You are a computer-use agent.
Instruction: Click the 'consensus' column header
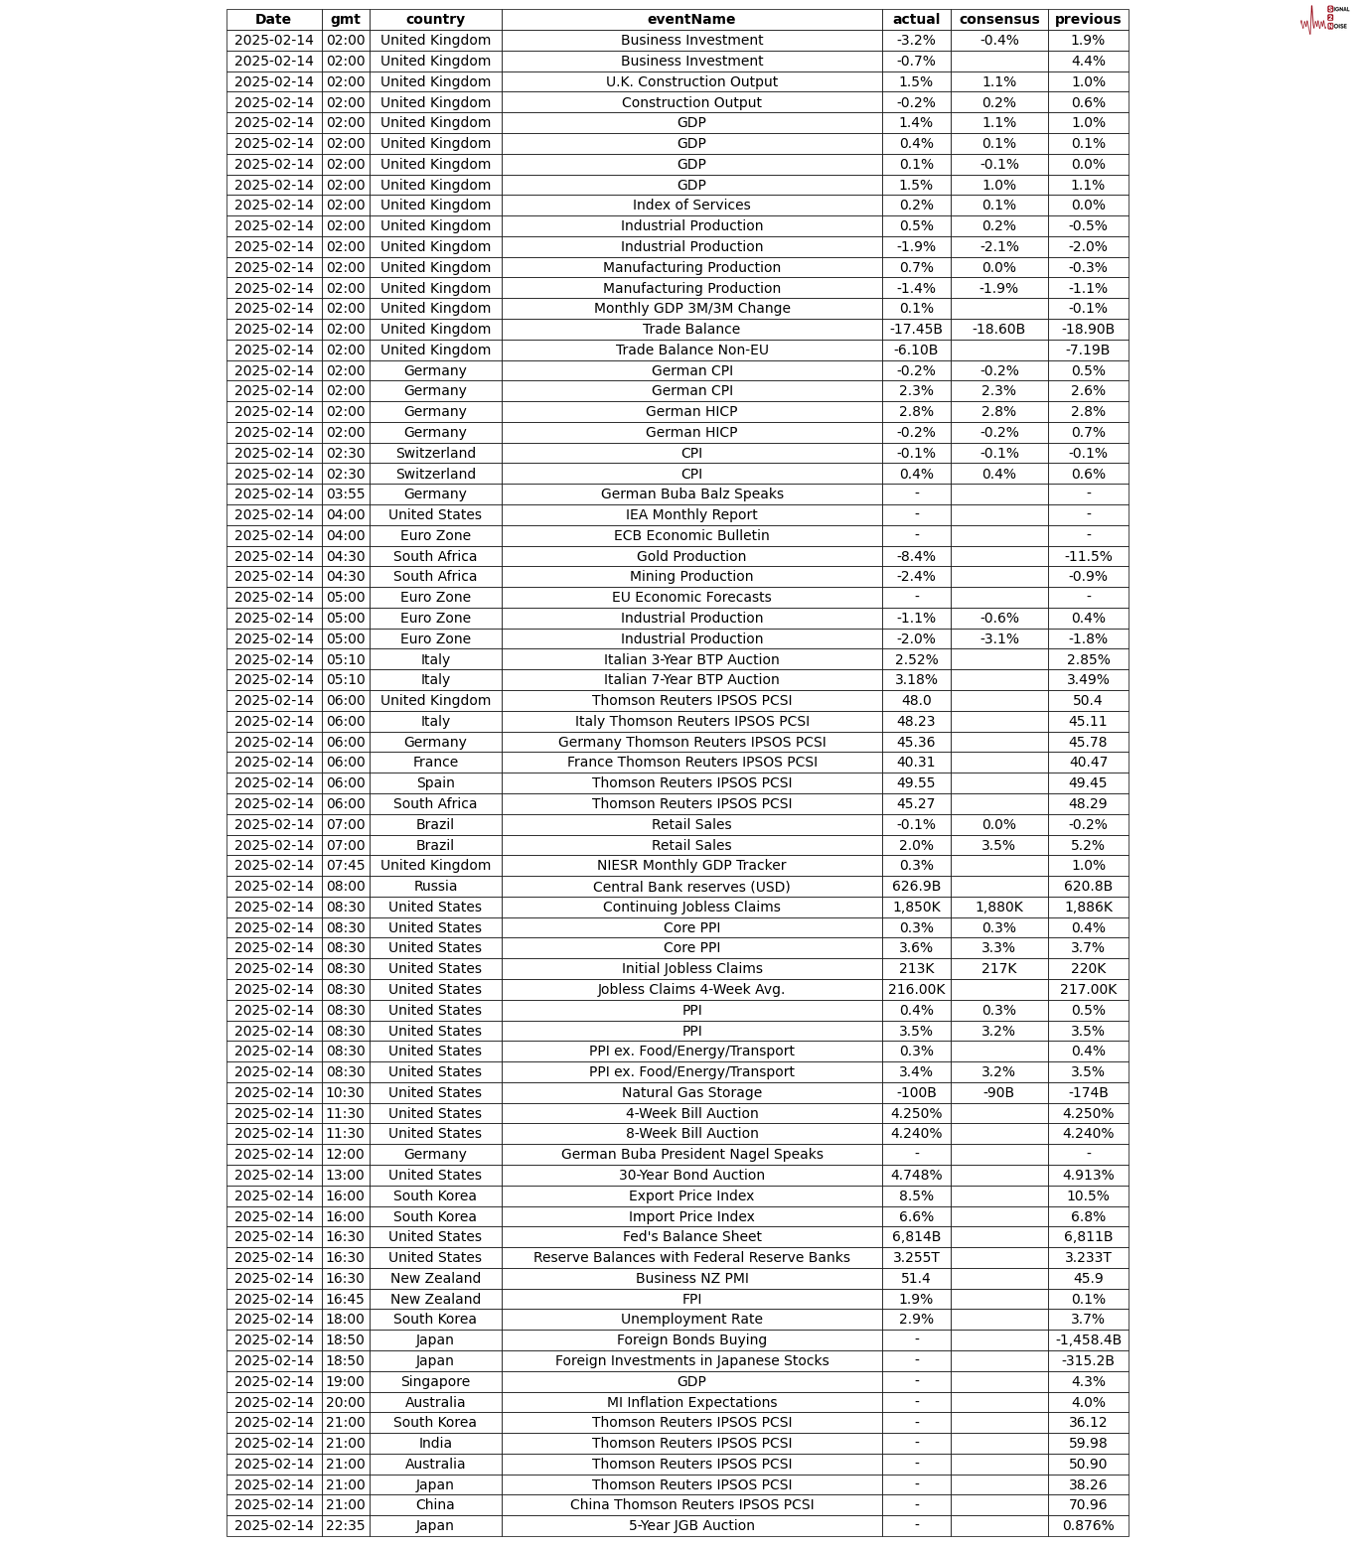(x=998, y=19)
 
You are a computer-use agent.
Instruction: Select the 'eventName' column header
(x=691, y=19)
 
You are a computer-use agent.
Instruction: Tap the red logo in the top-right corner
(x=1323, y=19)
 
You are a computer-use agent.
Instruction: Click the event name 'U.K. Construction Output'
(x=691, y=81)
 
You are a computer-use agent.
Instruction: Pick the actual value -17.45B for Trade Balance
(x=916, y=329)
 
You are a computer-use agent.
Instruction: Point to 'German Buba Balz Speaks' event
(x=691, y=493)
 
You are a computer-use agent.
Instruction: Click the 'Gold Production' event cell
(x=691, y=556)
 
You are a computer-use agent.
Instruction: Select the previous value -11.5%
(x=1088, y=556)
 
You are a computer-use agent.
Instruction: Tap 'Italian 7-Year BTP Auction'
(x=691, y=679)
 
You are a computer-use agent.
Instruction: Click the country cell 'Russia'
(x=435, y=886)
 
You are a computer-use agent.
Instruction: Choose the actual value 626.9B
(x=916, y=886)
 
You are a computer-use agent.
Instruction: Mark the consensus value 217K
(x=998, y=968)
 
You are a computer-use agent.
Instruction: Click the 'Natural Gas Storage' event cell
(x=691, y=1092)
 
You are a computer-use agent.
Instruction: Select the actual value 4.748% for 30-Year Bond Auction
(x=916, y=1175)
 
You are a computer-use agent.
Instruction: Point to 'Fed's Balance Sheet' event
(x=691, y=1236)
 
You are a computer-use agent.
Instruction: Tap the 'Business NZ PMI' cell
(x=691, y=1278)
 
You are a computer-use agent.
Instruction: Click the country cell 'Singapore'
(x=435, y=1381)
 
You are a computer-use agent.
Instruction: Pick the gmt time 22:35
(x=346, y=1525)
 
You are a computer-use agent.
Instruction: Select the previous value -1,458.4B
(x=1088, y=1339)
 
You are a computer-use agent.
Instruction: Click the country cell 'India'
(x=435, y=1443)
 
